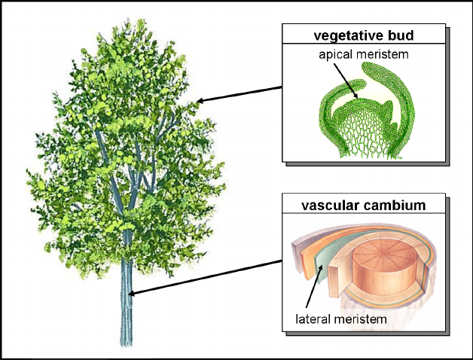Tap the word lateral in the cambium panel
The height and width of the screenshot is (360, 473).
pyautogui.click(x=313, y=319)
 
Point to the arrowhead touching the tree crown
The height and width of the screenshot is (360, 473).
pyautogui.click(x=200, y=100)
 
